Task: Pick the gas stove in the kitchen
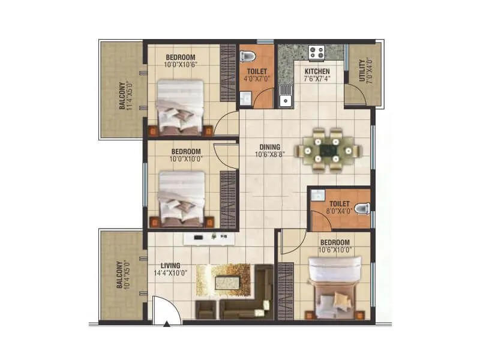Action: (x=316, y=52)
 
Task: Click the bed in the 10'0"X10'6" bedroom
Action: (x=180, y=108)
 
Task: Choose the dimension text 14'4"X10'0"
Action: (x=170, y=273)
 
